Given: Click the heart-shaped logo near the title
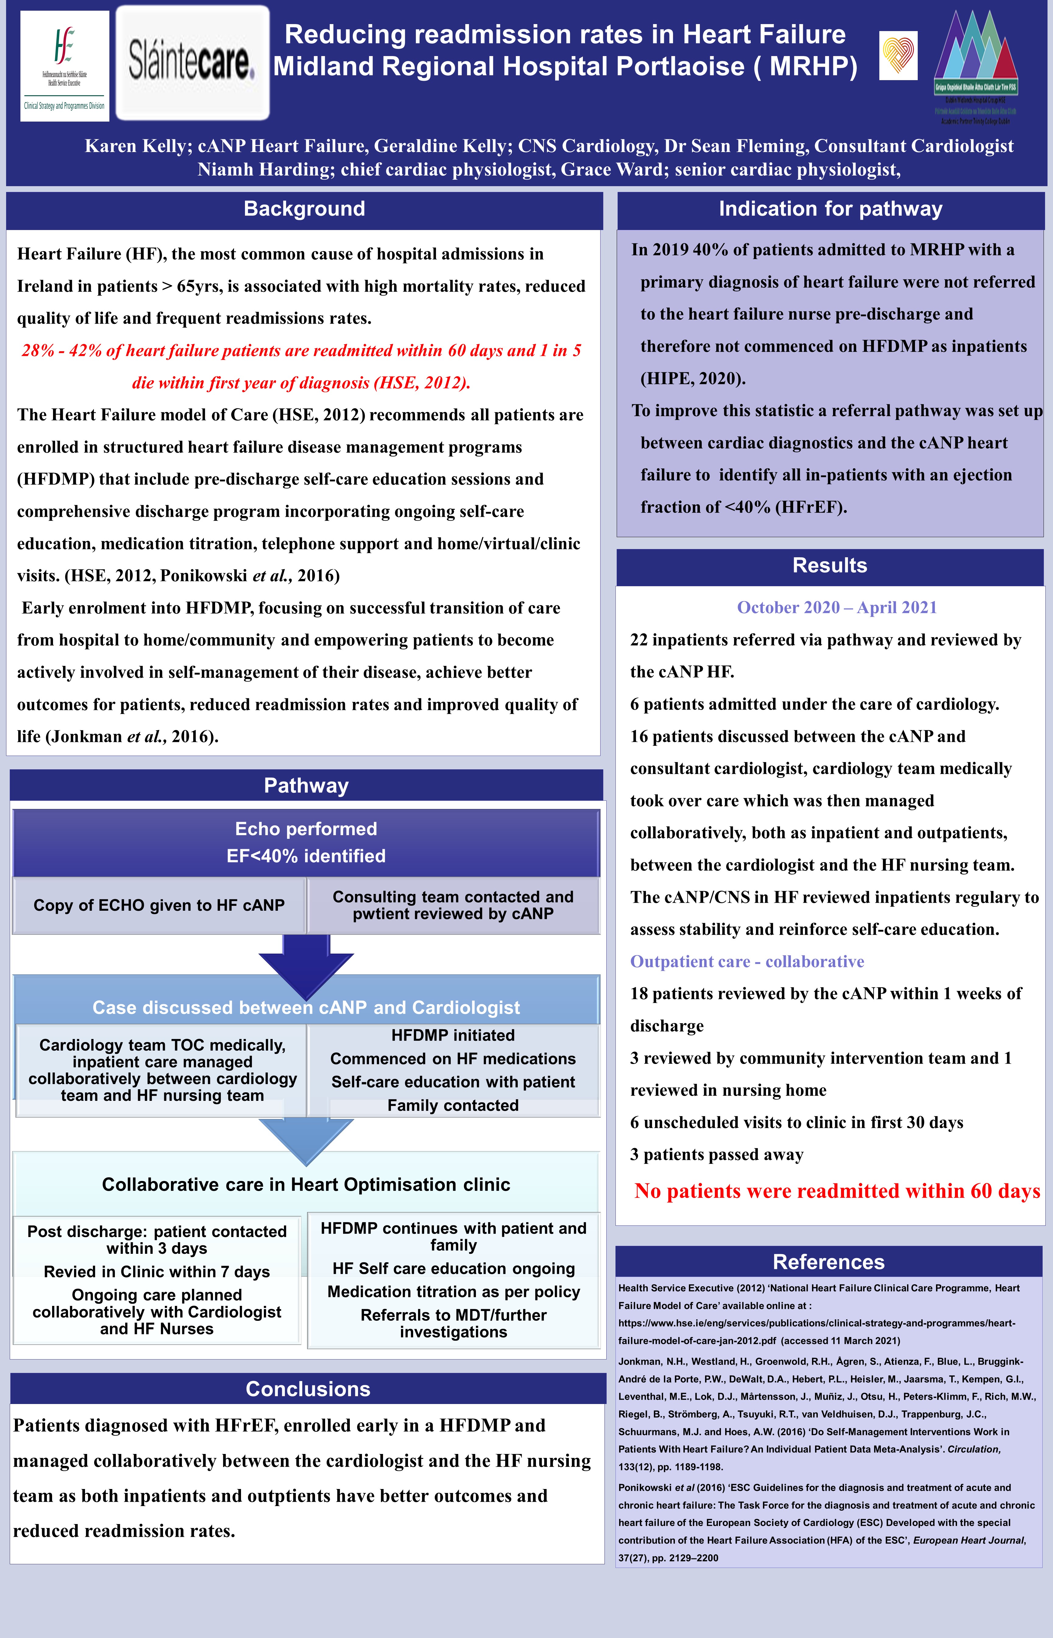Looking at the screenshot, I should pyautogui.click(x=898, y=56).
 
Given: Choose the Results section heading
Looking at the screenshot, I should pyautogui.click(x=829, y=565).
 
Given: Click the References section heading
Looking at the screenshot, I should pyautogui.click(x=828, y=1261).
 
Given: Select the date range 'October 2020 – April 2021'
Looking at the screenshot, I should pyautogui.click(x=836, y=608).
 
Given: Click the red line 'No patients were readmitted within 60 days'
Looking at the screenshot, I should pyautogui.click(x=837, y=1191).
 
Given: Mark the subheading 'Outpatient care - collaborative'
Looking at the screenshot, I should pyautogui.click(x=747, y=962).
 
